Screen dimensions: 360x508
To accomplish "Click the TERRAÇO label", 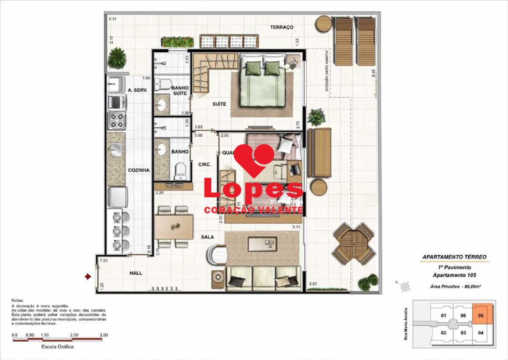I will [281, 27].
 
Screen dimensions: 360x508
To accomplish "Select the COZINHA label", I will [139, 170].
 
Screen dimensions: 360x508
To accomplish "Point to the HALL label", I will [135, 273].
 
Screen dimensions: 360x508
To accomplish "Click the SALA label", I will [208, 238].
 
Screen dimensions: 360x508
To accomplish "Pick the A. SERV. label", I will [138, 90].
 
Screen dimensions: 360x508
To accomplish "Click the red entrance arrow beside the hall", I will [87, 277].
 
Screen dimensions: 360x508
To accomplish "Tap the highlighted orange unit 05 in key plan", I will [480, 316].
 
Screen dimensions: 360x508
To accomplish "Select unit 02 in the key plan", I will [443, 333].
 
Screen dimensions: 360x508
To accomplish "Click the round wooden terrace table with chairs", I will [354, 243].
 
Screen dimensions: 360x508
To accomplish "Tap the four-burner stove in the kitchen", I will [117, 120].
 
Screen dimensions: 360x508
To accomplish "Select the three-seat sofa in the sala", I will [263, 278].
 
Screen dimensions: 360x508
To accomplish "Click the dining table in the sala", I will [174, 227].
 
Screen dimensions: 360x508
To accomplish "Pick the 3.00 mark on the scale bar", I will [104, 335].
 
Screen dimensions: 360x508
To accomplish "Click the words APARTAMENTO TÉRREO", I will [454, 257].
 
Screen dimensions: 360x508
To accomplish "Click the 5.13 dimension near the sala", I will [296, 227].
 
